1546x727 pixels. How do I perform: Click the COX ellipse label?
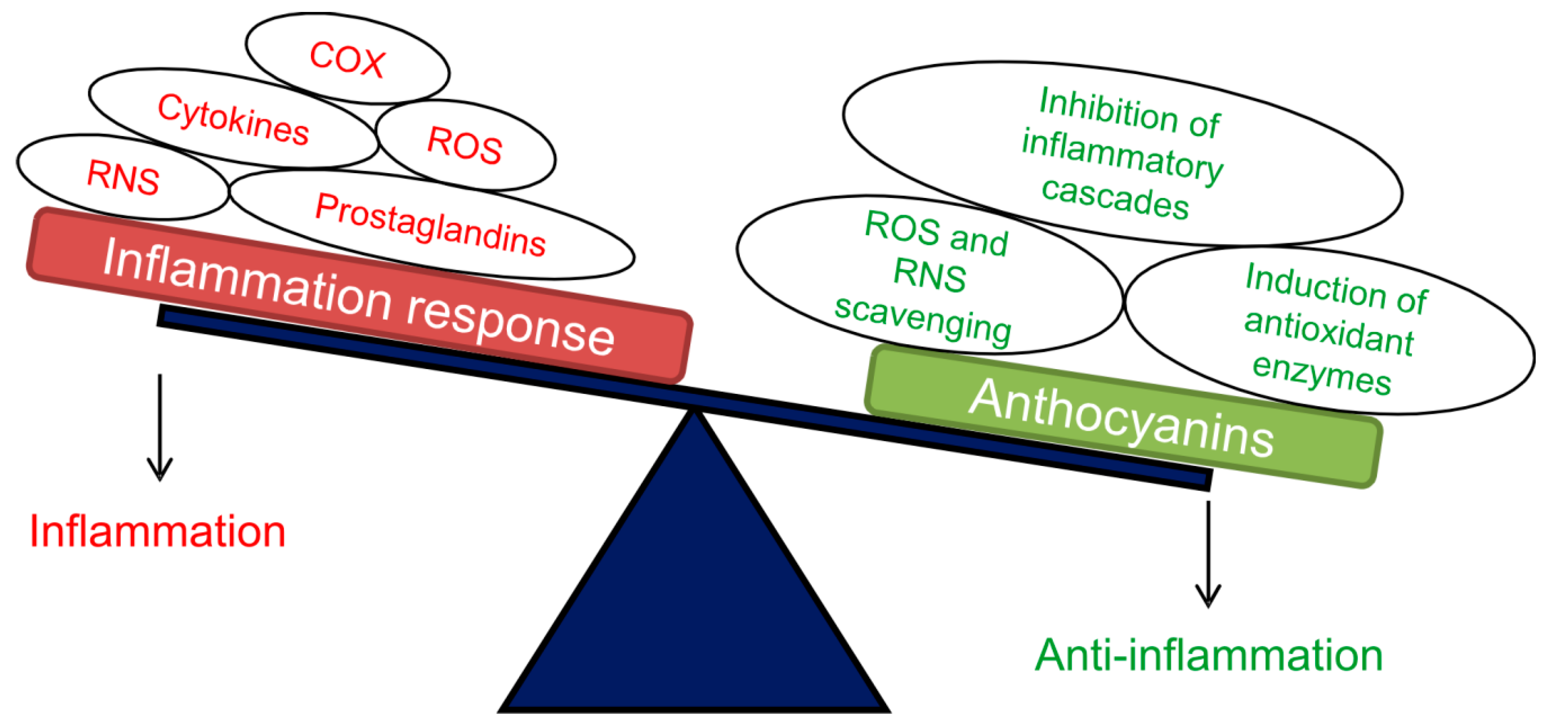[x=347, y=59]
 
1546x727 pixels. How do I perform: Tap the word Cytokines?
[x=233, y=120]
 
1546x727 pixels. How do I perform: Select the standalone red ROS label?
[x=464, y=145]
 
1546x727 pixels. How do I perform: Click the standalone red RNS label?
[x=123, y=176]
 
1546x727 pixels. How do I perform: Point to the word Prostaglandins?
[x=430, y=224]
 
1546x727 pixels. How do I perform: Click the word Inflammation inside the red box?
[x=246, y=279]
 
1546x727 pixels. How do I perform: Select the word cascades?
[x=1115, y=198]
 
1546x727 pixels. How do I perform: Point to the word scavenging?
[x=922, y=319]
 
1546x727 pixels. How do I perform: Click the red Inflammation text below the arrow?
[x=157, y=531]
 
